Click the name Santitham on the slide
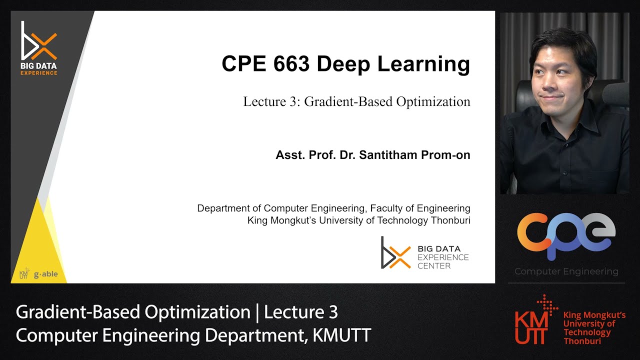[x=390, y=155]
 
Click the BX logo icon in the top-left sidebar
[x=38, y=41]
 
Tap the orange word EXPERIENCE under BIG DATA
[x=38, y=73]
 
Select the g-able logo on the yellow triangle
[x=45, y=274]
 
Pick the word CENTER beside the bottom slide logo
[x=434, y=266]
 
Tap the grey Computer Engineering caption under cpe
[x=566, y=272]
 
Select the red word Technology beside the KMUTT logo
[x=587, y=332]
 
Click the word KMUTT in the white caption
[x=341, y=335]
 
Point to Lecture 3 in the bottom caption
[x=301, y=312]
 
